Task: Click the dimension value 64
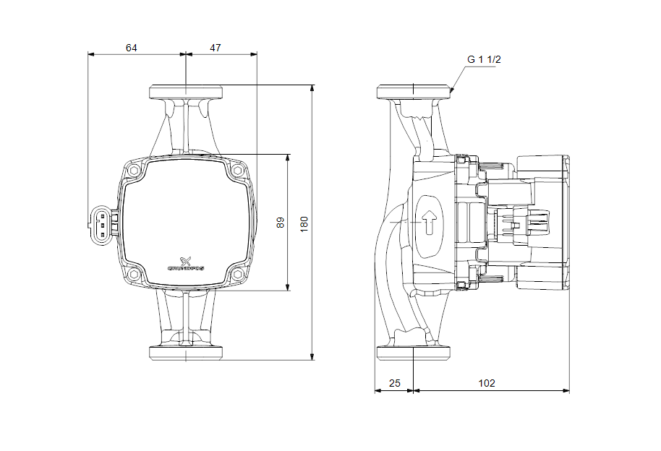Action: click(131, 48)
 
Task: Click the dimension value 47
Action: click(216, 48)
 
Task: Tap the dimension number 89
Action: click(281, 223)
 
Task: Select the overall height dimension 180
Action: click(304, 223)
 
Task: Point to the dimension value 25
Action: click(394, 383)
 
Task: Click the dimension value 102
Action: click(487, 383)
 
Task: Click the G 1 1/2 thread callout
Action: click(484, 60)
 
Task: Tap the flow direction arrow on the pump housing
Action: click(430, 222)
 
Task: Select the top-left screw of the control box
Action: click(134, 171)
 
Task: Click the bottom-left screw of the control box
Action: click(134, 275)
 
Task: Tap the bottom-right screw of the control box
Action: click(238, 275)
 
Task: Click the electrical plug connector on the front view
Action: click(103, 223)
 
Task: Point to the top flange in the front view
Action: click(186, 92)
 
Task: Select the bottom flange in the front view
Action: click(186, 353)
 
